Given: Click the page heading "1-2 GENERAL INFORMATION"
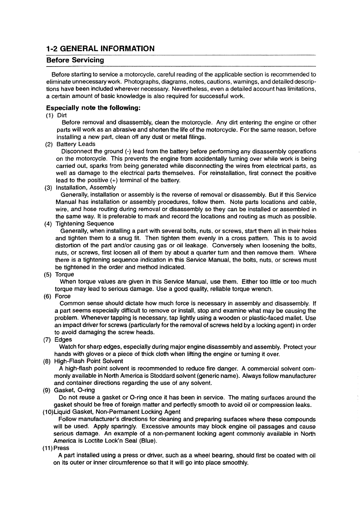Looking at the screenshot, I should [100, 48].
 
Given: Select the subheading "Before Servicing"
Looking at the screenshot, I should [75, 60].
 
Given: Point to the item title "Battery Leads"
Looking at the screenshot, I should [76, 144].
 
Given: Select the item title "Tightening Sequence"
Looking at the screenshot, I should [85, 224].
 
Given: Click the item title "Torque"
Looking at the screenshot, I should [64, 274].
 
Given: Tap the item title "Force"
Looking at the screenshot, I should [63, 296].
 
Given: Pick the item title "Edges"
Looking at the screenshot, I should [63, 339].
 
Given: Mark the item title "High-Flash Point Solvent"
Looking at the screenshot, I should [89, 361].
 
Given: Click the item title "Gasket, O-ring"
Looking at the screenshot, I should [74, 390].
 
